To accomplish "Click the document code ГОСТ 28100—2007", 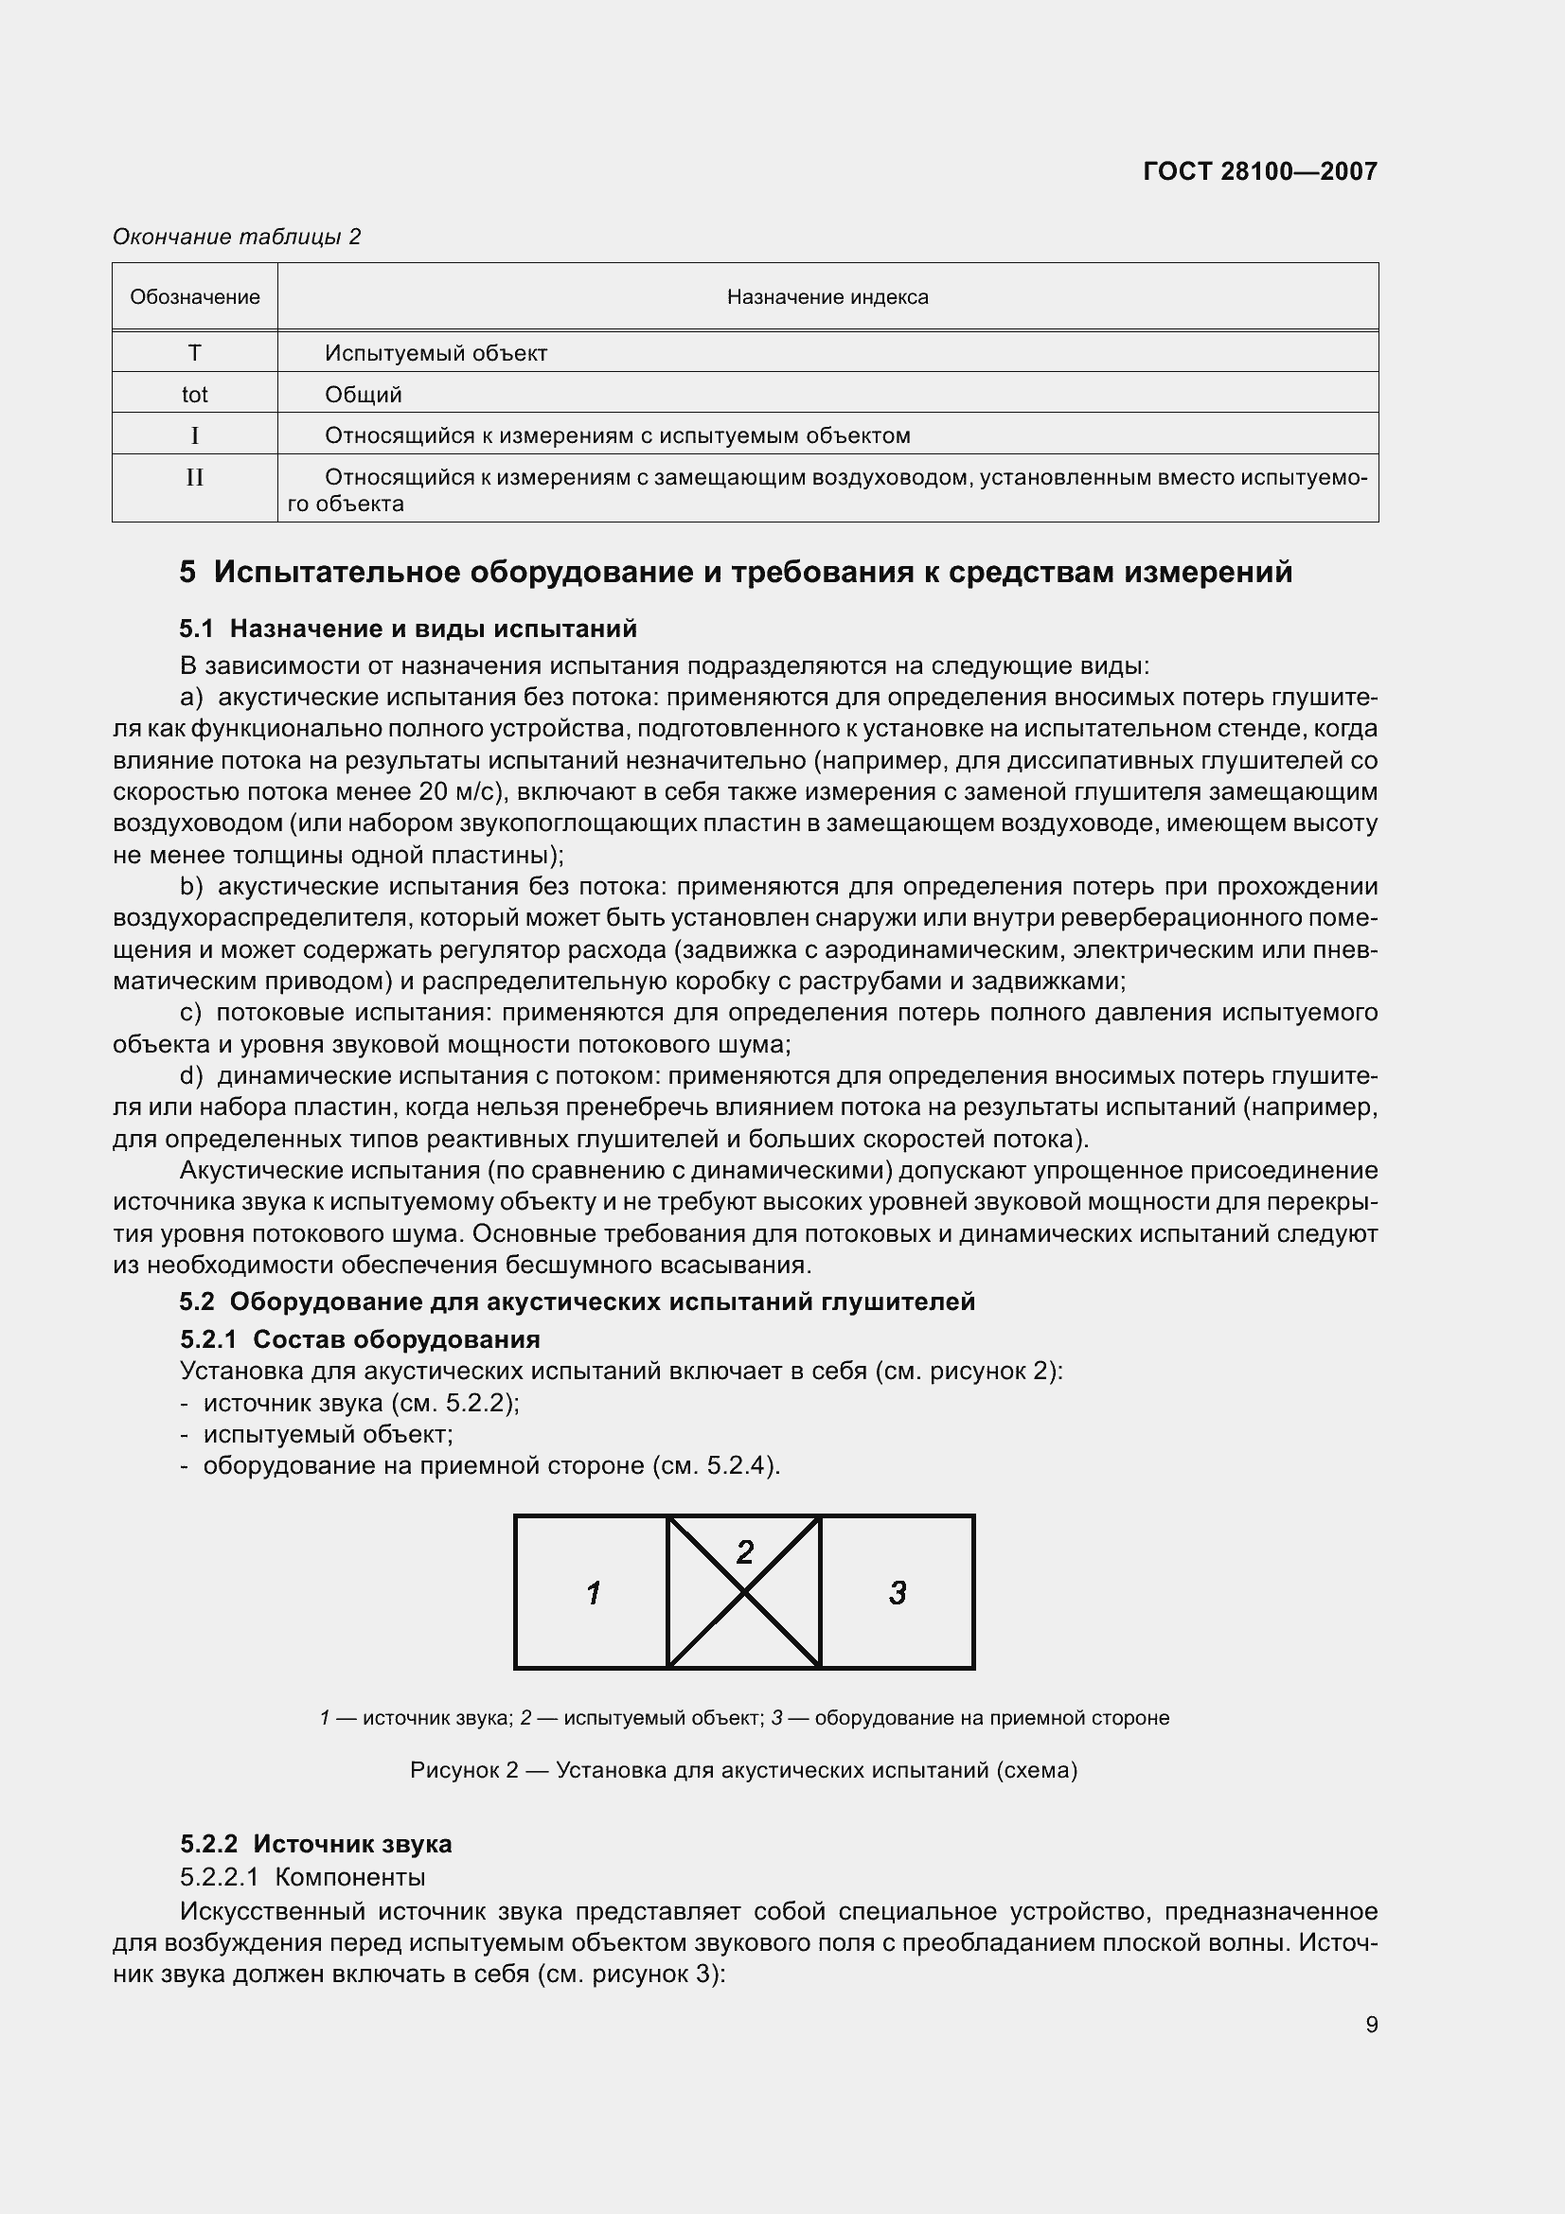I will click(1259, 171).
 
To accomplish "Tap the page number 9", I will click(1371, 2024).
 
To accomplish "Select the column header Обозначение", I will click(195, 297).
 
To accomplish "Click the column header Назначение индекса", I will click(827, 297).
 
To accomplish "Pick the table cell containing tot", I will click(195, 395).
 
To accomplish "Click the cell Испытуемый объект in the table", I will click(436, 353).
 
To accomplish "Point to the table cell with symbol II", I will click(195, 477).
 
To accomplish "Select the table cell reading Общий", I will click(364, 395).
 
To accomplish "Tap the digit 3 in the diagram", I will click(898, 1592).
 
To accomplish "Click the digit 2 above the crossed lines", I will click(744, 1551).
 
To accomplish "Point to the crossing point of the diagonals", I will click(744, 1592).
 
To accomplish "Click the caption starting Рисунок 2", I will click(743, 1770).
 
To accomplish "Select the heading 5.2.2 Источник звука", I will click(315, 1844).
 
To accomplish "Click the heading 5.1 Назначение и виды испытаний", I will click(408, 629).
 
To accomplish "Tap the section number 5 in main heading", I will click(187, 572).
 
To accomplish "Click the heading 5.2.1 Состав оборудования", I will click(360, 1339).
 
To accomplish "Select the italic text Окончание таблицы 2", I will click(237, 237).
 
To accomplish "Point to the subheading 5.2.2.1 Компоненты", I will click(302, 1876).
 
